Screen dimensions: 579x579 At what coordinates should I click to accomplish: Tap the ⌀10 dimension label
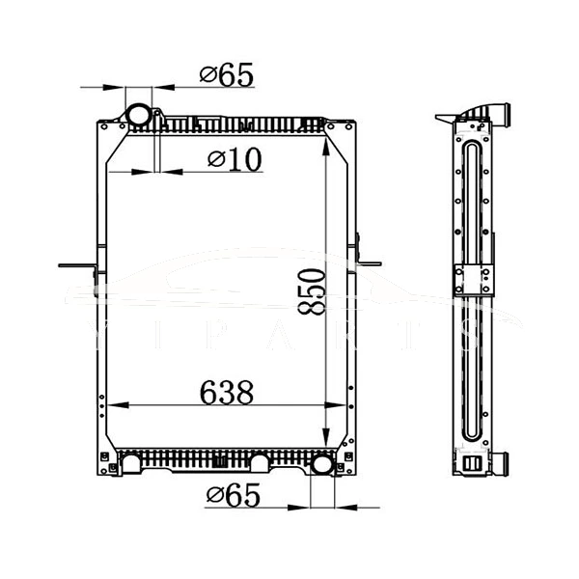pos(234,159)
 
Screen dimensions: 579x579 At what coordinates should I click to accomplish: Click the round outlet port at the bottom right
pos(321,465)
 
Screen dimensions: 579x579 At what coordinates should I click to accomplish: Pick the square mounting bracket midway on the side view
pos(472,281)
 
